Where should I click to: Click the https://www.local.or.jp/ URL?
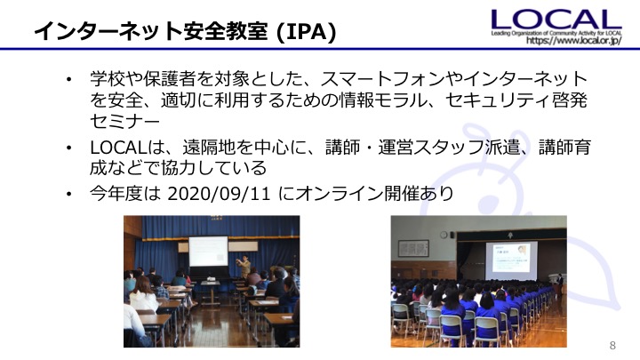click(574, 40)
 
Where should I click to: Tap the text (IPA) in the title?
click(306, 31)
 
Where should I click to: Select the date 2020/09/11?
click(220, 194)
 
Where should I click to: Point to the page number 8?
click(612, 345)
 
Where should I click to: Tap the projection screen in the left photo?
click(208, 252)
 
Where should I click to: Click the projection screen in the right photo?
click(511, 260)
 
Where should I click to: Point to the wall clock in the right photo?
click(444, 235)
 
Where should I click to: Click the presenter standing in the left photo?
click(244, 268)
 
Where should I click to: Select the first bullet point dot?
click(68, 79)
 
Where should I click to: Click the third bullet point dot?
click(68, 194)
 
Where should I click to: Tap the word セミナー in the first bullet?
click(125, 122)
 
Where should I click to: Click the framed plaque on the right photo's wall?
click(413, 248)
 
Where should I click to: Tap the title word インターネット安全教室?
click(150, 31)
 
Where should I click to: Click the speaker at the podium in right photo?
click(560, 281)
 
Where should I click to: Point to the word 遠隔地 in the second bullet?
click(209, 147)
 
